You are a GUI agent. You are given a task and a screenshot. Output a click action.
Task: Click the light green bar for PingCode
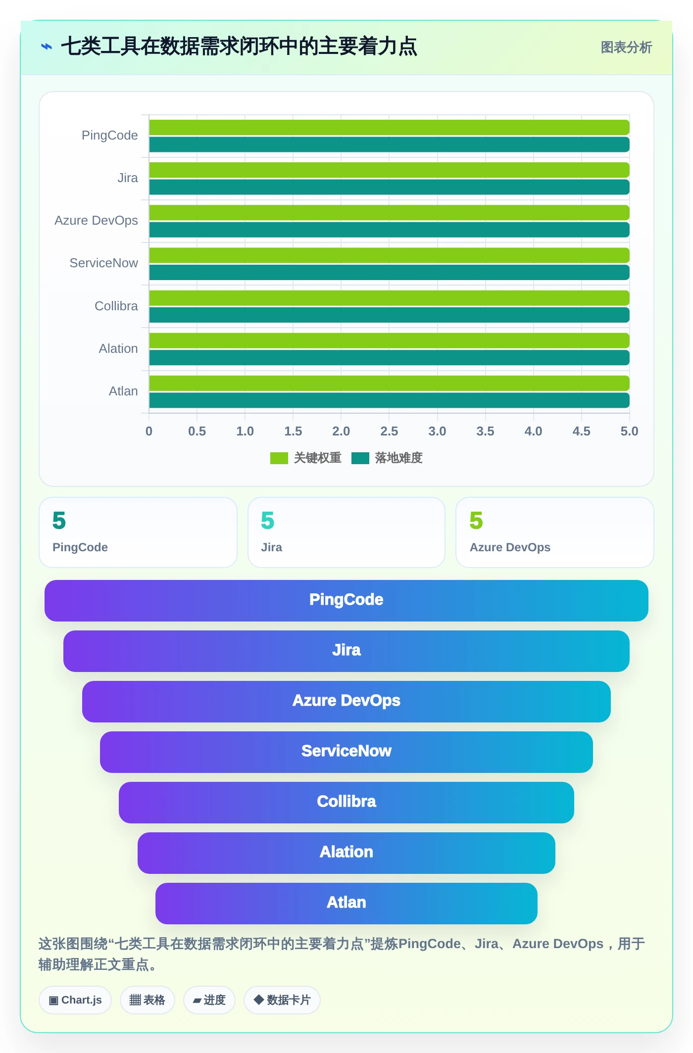[389, 127]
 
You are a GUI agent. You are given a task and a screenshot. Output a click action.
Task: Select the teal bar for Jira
[389, 187]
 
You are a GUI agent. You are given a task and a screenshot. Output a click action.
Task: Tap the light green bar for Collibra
[389, 298]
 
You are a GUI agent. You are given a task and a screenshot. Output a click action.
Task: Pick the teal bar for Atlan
[389, 400]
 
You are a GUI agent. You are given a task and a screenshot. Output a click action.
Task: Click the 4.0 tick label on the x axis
[533, 431]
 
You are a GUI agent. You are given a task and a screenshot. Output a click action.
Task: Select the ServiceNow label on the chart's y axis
[103, 263]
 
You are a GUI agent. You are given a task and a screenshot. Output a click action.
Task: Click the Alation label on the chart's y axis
[118, 348]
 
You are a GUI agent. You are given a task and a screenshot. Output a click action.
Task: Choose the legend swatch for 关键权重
[279, 458]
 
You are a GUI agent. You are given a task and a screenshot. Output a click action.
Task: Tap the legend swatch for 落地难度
[360, 458]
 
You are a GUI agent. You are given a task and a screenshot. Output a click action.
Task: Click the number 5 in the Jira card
[267, 520]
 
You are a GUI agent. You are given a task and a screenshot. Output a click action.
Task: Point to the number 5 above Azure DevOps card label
[476, 520]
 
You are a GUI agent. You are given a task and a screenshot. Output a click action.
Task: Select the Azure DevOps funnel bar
[346, 701]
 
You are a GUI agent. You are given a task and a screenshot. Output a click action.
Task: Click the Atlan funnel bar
[346, 903]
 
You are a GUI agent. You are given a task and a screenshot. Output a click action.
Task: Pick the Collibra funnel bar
[346, 802]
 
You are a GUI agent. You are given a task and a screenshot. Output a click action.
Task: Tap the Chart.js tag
[75, 1000]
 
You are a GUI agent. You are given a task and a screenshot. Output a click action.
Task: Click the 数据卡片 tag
[282, 1000]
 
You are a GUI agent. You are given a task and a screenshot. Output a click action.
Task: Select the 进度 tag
[209, 1000]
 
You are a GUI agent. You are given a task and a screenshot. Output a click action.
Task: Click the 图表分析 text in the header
[626, 48]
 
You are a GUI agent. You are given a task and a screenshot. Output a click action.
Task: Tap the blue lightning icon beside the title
[46, 47]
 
